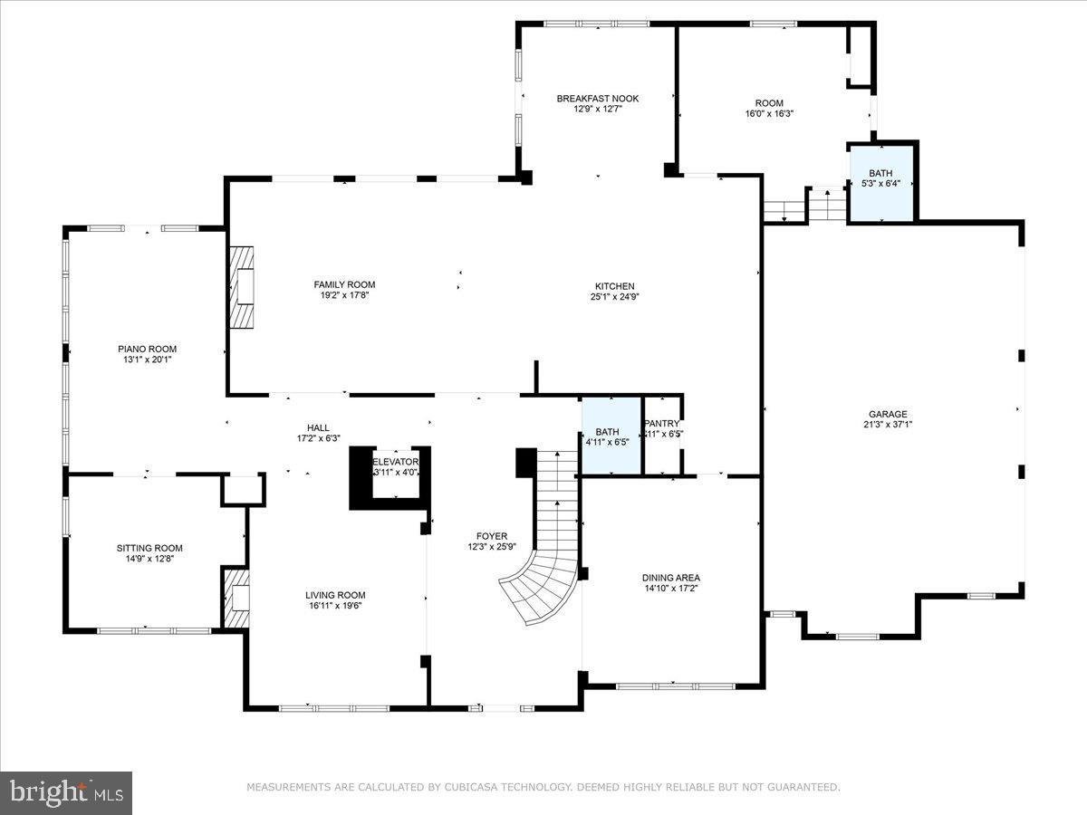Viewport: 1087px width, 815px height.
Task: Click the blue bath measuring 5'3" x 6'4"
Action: pos(880,181)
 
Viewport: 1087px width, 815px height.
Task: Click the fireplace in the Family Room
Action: pos(242,287)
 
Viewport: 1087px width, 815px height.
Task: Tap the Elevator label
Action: pos(396,461)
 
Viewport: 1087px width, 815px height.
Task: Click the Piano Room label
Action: pos(147,349)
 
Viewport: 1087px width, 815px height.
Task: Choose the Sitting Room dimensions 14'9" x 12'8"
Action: pos(149,559)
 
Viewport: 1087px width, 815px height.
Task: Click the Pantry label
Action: pos(661,424)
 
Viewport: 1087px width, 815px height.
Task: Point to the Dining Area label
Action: pos(670,578)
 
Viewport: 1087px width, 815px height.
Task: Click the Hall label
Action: pos(318,427)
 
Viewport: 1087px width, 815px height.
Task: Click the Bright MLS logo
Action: pos(66,792)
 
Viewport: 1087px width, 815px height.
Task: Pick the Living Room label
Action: pos(335,595)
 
